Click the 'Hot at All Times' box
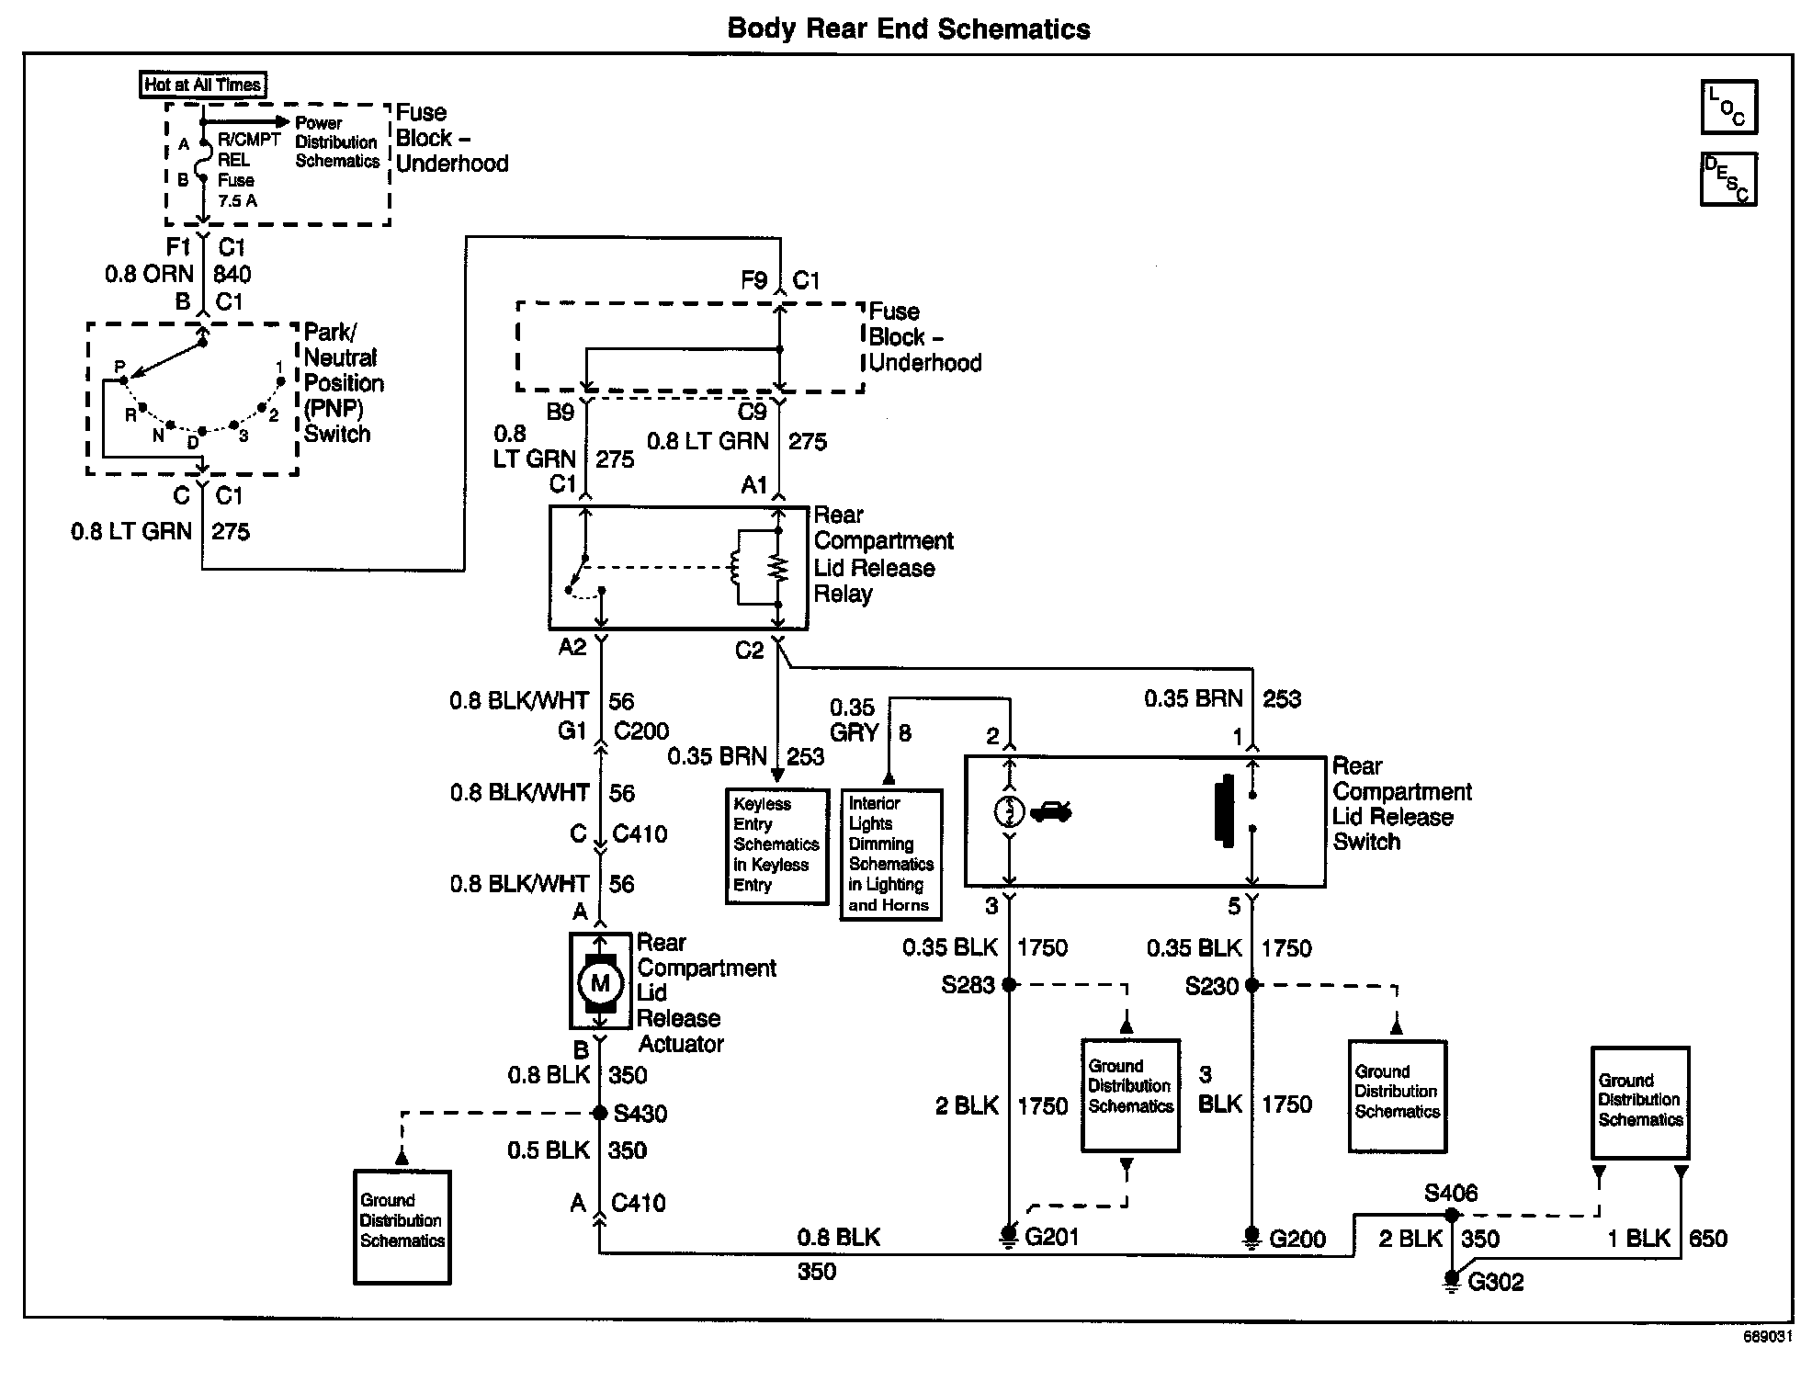click(x=203, y=85)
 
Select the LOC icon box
click(x=1728, y=108)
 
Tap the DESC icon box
click(x=1728, y=179)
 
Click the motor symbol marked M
click(x=600, y=983)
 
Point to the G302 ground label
click(x=1496, y=1282)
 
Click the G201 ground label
click(x=1052, y=1238)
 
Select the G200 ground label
click(x=1297, y=1239)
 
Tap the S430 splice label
click(x=640, y=1114)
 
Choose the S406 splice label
click(x=1451, y=1193)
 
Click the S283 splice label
click(x=968, y=985)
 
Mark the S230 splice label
click(x=1212, y=986)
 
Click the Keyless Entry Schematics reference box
click(x=776, y=845)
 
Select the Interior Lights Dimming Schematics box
click(x=891, y=854)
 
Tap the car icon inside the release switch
click(x=1050, y=811)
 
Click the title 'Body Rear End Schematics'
click(x=909, y=28)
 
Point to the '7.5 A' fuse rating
click(x=237, y=200)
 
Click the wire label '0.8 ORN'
click(x=150, y=274)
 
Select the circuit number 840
click(x=232, y=274)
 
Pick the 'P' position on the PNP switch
click(x=119, y=367)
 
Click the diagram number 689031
click(x=1768, y=1337)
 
